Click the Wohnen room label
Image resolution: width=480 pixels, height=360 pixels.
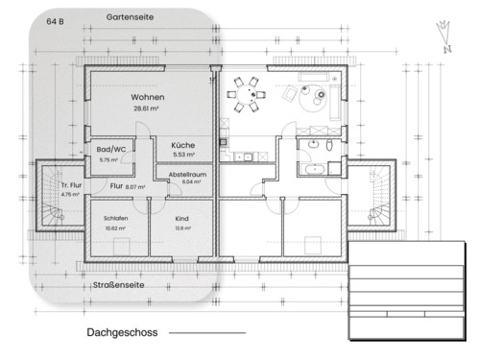pos(148,99)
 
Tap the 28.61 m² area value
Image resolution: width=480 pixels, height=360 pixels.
pos(148,109)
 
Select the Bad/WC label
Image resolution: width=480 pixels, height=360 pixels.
pos(111,150)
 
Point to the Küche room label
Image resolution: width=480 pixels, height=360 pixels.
pos(183,144)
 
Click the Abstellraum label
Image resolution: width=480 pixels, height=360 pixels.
pos(187,174)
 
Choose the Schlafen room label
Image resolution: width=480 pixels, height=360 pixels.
pos(115,218)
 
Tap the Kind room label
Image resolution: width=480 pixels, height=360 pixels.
pos(182,218)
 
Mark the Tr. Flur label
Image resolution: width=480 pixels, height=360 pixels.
pos(69,185)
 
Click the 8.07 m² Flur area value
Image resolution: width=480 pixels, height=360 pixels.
pos(135,187)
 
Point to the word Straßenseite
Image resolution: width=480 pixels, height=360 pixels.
pos(119,285)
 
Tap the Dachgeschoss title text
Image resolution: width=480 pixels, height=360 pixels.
pos(120,332)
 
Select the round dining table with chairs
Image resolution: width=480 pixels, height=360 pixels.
pos(252,94)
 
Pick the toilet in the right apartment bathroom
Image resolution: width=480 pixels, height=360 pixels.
pos(329,145)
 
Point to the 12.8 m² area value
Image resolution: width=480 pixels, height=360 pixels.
pos(182,228)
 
